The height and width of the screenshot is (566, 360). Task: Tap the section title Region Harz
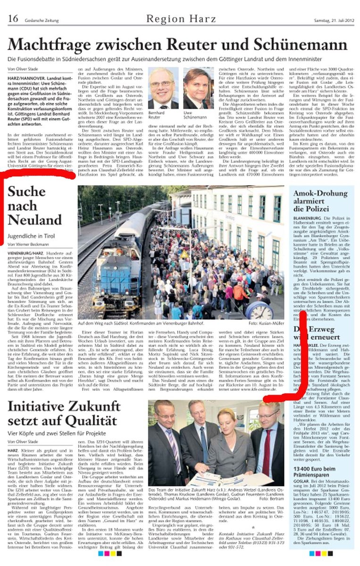181,19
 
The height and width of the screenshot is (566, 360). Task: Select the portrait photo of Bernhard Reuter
162,89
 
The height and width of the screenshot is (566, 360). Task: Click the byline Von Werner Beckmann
28,244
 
